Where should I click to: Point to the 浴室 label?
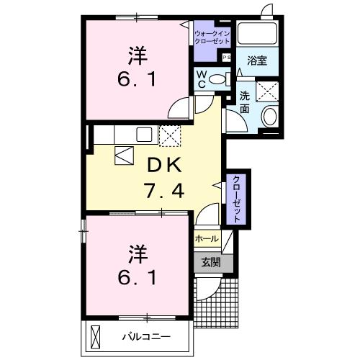tap(258, 61)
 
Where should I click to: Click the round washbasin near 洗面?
tap(269, 116)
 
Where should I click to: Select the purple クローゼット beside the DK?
tap(235, 197)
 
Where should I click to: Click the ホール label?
tap(207, 238)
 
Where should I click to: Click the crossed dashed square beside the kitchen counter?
tap(171, 134)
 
